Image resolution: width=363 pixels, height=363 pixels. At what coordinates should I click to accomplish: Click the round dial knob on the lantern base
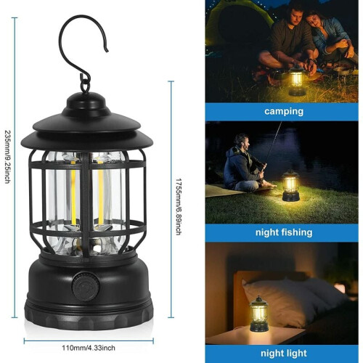86,287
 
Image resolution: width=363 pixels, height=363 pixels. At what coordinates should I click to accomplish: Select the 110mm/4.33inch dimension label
89,348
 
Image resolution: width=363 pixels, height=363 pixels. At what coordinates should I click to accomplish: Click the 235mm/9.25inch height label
7,157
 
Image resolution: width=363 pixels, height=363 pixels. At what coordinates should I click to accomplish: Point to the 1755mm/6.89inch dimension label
179,207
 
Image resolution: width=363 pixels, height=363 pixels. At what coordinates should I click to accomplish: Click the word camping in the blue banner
284,112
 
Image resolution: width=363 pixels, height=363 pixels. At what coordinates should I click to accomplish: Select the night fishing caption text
284,232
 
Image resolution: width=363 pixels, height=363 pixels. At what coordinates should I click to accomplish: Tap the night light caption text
284,354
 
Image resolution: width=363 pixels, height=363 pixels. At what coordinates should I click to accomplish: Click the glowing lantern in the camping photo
297,81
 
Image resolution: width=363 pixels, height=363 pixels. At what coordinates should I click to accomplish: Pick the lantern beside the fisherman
290,186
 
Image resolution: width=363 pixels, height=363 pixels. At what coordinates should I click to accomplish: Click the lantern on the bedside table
259,314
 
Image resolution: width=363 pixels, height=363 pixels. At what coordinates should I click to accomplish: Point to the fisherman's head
242,142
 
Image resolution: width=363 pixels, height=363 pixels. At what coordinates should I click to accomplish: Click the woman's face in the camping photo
314,23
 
